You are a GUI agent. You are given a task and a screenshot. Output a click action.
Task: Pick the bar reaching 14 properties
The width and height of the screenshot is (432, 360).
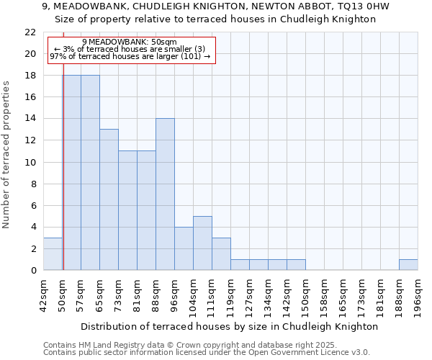[x=165, y=194]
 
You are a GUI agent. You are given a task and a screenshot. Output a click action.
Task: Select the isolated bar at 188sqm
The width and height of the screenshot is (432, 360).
[x=408, y=264]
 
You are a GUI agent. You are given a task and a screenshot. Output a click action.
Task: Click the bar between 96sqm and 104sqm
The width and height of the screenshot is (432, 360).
[x=184, y=248]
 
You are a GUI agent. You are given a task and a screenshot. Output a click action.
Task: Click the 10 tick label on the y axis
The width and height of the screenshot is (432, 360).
[x=30, y=162]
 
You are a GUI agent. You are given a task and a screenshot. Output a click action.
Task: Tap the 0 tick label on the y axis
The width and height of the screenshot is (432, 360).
[x=33, y=270]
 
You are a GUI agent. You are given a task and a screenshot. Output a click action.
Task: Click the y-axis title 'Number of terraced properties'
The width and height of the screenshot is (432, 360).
[x=6, y=154]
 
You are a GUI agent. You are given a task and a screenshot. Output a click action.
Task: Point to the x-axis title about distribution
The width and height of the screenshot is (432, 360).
[x=230, y=326]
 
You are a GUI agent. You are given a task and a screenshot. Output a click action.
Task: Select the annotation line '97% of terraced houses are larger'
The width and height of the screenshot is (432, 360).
[x=130, y=56]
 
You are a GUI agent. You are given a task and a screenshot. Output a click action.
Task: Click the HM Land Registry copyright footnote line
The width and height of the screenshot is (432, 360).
[x=189, y=345]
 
